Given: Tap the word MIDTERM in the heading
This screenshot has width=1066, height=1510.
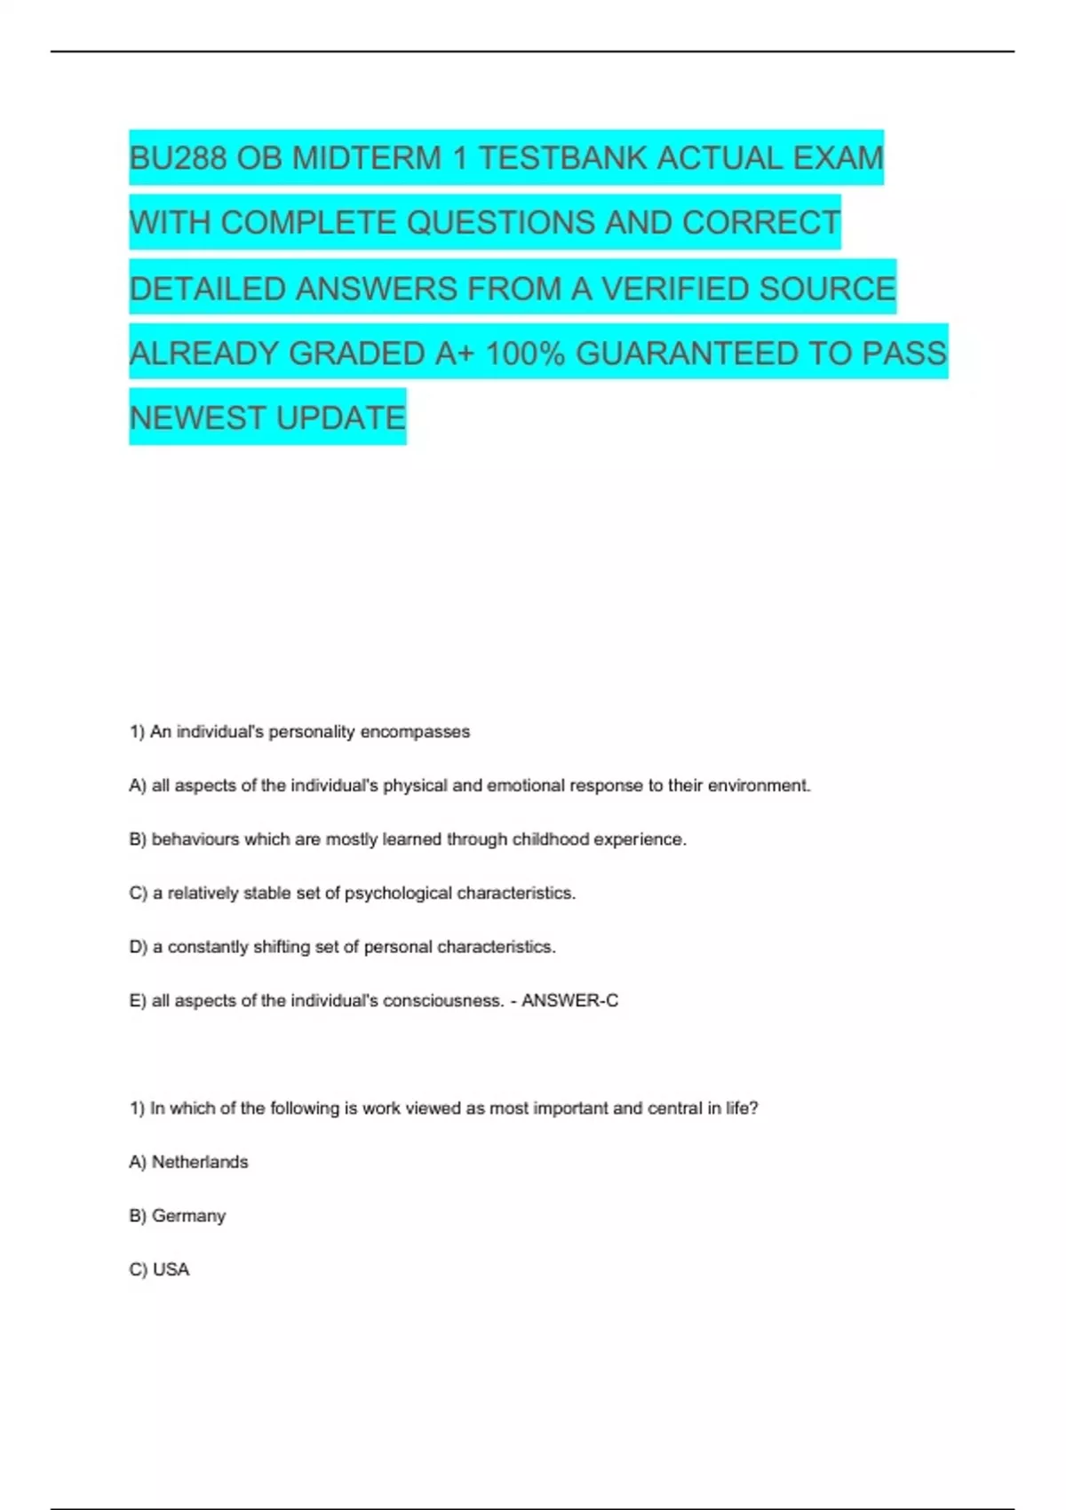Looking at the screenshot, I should pos(367,158).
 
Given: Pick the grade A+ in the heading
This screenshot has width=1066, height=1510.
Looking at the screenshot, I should pos(455,354).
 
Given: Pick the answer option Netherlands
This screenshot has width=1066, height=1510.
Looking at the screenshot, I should pos(200,1162).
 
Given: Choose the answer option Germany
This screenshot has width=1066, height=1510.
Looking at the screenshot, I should pos(188,1216).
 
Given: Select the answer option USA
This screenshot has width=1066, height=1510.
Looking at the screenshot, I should pos(171,1270).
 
